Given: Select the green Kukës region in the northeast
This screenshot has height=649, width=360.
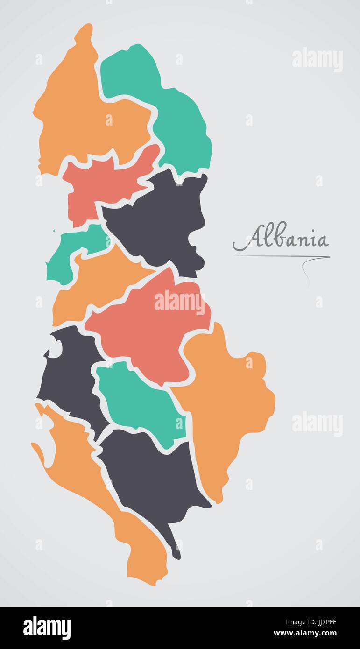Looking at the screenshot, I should click(x=177, y=117).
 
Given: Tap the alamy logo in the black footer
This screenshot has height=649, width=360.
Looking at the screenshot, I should click(x=47, y=628).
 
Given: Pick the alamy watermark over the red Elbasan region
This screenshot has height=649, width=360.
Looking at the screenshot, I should click(x=179, y=303).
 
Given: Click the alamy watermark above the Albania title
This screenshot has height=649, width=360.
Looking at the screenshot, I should click(x=317, y=60).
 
